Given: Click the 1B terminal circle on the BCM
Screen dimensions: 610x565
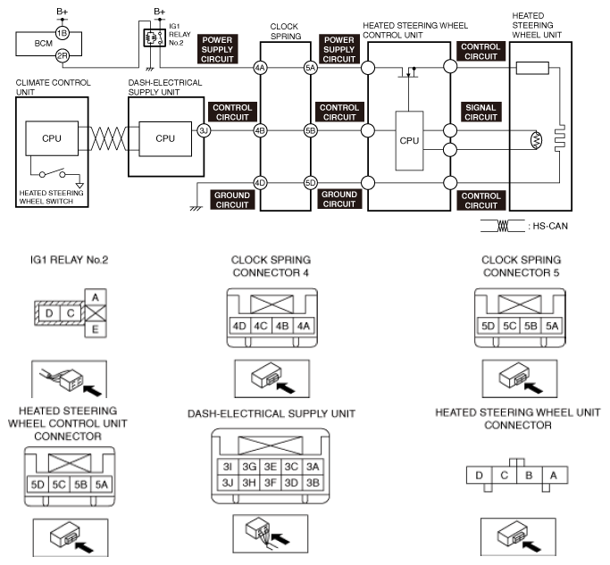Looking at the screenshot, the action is [x=63, y=33].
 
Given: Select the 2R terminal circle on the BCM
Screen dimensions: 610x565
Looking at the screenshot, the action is [x=63, y=56].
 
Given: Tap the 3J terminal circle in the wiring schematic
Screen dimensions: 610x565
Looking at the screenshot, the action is [x=204, y=130].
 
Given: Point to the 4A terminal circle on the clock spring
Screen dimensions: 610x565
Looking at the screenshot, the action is [x=260, y=68].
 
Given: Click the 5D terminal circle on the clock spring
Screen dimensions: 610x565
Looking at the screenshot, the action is [x=311, y=182].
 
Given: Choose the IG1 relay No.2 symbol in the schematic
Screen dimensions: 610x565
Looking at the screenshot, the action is [x=154, y=38].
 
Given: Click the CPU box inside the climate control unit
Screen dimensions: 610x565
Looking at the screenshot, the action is [x=52, y=138].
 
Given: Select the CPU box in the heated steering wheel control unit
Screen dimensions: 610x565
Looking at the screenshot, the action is [x=409, y=141].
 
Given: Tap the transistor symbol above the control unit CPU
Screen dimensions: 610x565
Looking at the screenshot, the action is [x=408, y=72].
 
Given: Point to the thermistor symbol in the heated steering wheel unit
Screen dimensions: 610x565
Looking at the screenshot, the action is [x=537, y=140].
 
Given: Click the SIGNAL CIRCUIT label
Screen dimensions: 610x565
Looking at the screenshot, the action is [x=480, y=112].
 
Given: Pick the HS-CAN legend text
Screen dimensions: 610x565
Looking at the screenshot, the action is [x=550, y=226].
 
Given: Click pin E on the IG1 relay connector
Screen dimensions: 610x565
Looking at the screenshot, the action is [x=96, y=329].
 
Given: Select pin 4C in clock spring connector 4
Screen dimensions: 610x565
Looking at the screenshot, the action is [x=260, y=326].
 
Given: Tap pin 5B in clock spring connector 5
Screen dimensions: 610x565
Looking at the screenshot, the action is [x=531, y=326].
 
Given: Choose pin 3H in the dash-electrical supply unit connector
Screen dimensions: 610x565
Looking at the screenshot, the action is [x=249, y=483].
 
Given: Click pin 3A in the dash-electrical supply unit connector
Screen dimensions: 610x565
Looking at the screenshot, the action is [x=313, y=467].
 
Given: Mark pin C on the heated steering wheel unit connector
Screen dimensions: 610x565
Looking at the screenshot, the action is [x=505, y=475].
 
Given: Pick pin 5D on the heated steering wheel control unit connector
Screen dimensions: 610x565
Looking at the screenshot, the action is [x=38, y=485].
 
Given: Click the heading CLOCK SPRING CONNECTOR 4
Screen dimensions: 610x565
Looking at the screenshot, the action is [x=271, y=266].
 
